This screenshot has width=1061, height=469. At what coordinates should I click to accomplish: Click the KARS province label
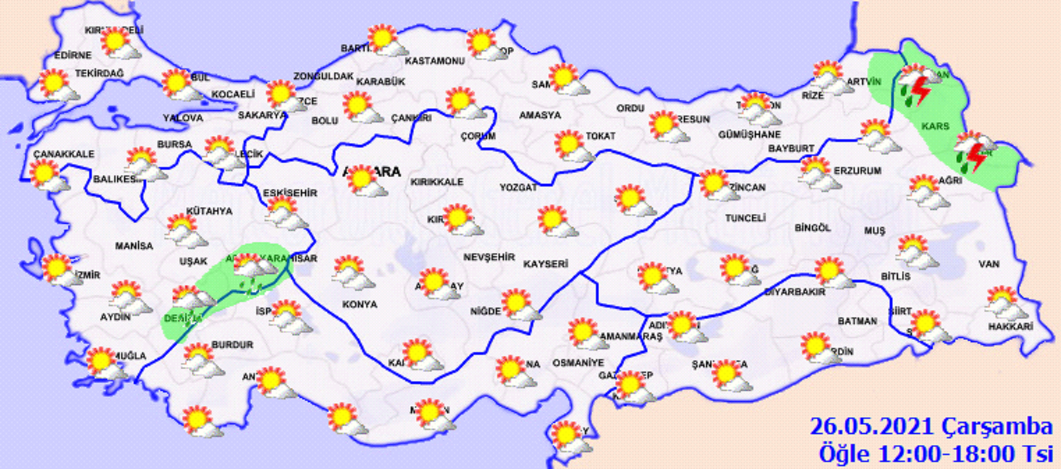(x=935, y=126)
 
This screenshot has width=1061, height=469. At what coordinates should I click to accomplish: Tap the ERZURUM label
(x=857, y=171)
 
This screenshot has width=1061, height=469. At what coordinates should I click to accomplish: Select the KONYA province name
(x=360, y=305)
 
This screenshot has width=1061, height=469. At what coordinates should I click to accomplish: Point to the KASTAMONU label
(x=434, y=61)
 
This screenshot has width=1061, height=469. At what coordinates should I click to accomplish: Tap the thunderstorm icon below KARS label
(x=973, y=153)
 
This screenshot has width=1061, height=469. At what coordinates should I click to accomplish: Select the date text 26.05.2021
(x=872, y=426)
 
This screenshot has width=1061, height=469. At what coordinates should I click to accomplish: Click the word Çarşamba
(x=997, y=426)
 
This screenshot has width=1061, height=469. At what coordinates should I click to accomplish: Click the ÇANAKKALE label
(x=64, y=154)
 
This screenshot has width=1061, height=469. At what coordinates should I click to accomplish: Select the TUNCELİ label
(x=745, y=218)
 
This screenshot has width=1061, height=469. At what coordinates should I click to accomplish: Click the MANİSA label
(x=134, y=246)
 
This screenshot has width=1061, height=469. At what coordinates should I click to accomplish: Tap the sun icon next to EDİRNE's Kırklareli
(x=119, y=43)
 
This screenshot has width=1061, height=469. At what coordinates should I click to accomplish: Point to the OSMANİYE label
(x=578, y=363)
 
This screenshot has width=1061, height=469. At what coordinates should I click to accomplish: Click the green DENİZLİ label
(x=183, y=318)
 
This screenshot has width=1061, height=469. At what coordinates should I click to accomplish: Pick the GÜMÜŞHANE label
(x=749, y=135)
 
